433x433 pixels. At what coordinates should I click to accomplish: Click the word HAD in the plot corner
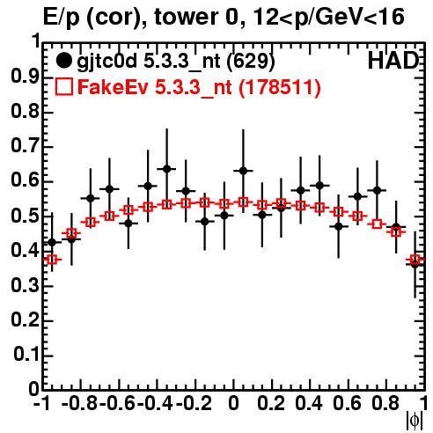click(x=393, y=61)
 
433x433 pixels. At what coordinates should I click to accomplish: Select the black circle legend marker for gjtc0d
click(x=63, y=61)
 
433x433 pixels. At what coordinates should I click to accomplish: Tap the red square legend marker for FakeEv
click(x=64, y=86)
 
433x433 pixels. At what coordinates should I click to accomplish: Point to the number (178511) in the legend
click(x=280, y=87)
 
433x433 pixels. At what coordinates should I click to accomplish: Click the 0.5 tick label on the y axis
click(x=26, y=216)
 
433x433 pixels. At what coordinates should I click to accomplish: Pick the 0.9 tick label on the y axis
click(x=26, y=77)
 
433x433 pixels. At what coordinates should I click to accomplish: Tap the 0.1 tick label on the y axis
click(x=26, y=355)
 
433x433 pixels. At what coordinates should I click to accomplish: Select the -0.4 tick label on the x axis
click(x=156, y=404)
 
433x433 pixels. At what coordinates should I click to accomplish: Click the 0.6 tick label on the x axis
click(x=347, y=404)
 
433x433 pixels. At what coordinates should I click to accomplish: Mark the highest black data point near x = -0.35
click(x=167, y=169)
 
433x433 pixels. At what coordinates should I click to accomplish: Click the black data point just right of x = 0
click(x=243, y=171)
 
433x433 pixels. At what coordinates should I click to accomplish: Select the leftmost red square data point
click(x=52, y=260)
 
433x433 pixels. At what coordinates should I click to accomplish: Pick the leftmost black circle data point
click(x=52, y=242)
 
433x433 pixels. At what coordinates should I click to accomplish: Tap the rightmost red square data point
click(x=415, y=260)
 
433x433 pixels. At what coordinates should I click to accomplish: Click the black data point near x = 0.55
click(x=339, y=226)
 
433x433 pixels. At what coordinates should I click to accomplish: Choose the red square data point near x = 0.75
click(x=377, y=224)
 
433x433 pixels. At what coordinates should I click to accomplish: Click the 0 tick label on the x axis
click(x=233, y=404)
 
